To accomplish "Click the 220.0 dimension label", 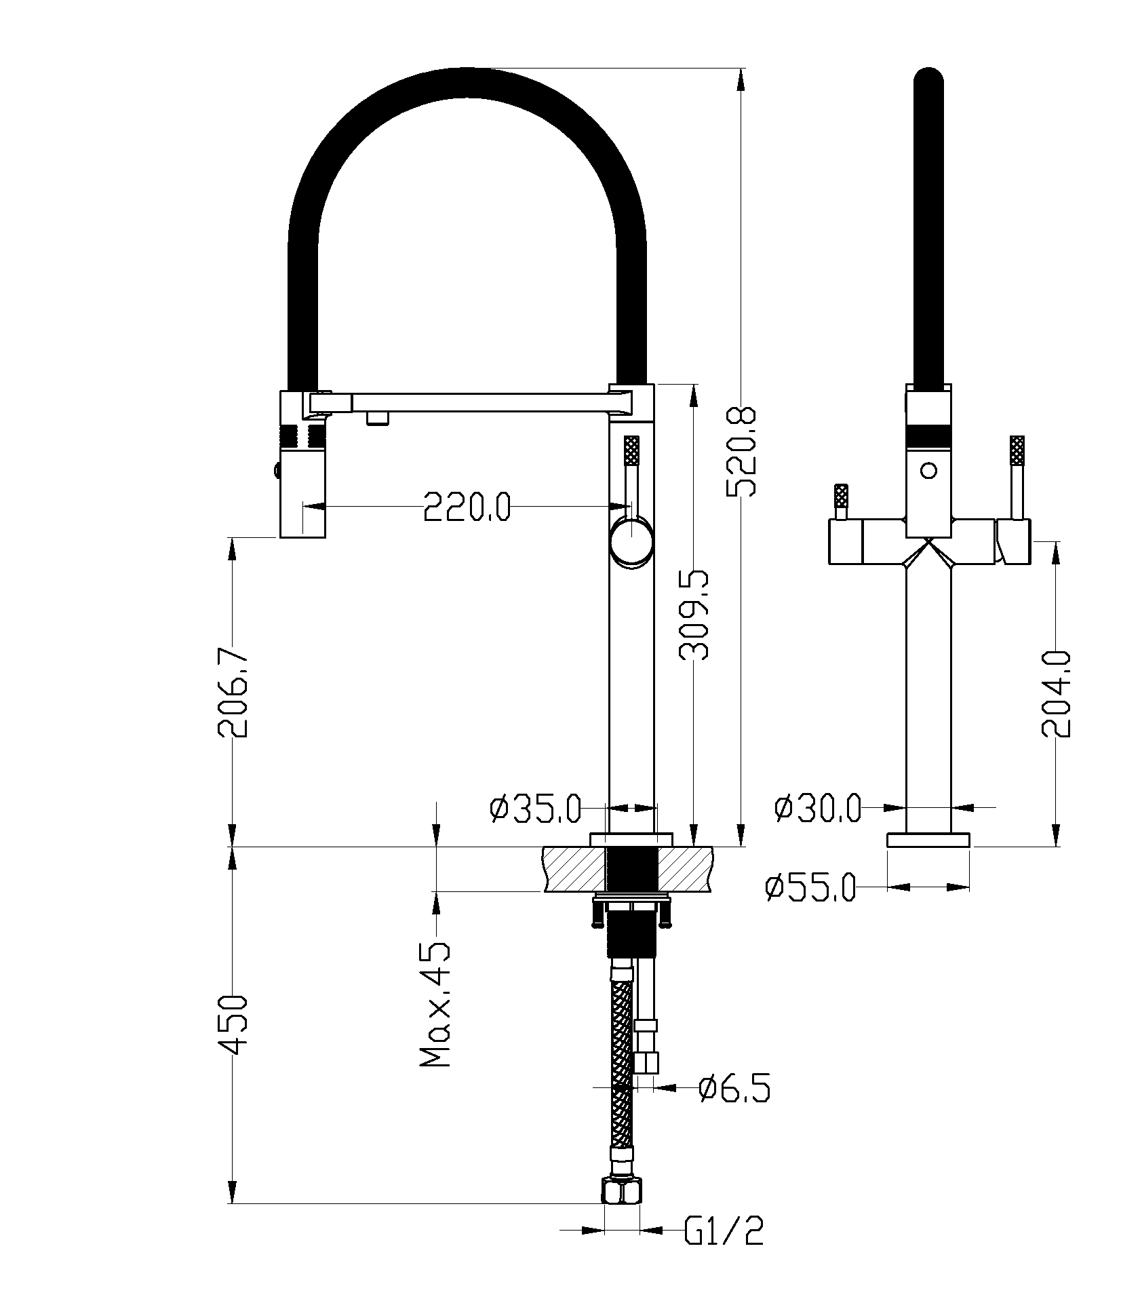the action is pyautogui.click(x=467, y=505).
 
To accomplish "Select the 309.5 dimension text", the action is pyautogui.click(x=694, y=615).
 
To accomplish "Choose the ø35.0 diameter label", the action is pyautogui.click(x=535, y=809).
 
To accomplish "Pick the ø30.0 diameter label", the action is pyautogui.click(x=817, y=808).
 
